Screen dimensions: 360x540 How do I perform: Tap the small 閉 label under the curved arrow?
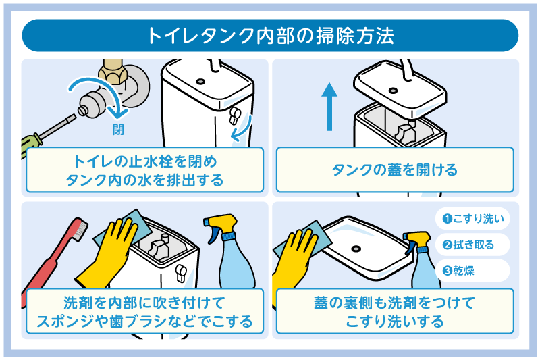click(x=117, y=130)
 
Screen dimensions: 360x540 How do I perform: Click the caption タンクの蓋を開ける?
click(x=395, y=170)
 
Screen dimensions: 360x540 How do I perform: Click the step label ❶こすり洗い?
click(x=473, y=219)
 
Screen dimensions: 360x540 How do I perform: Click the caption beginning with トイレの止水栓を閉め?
click(x=145, y=172)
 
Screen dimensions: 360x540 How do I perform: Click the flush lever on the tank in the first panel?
click(x=236, y=115)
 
